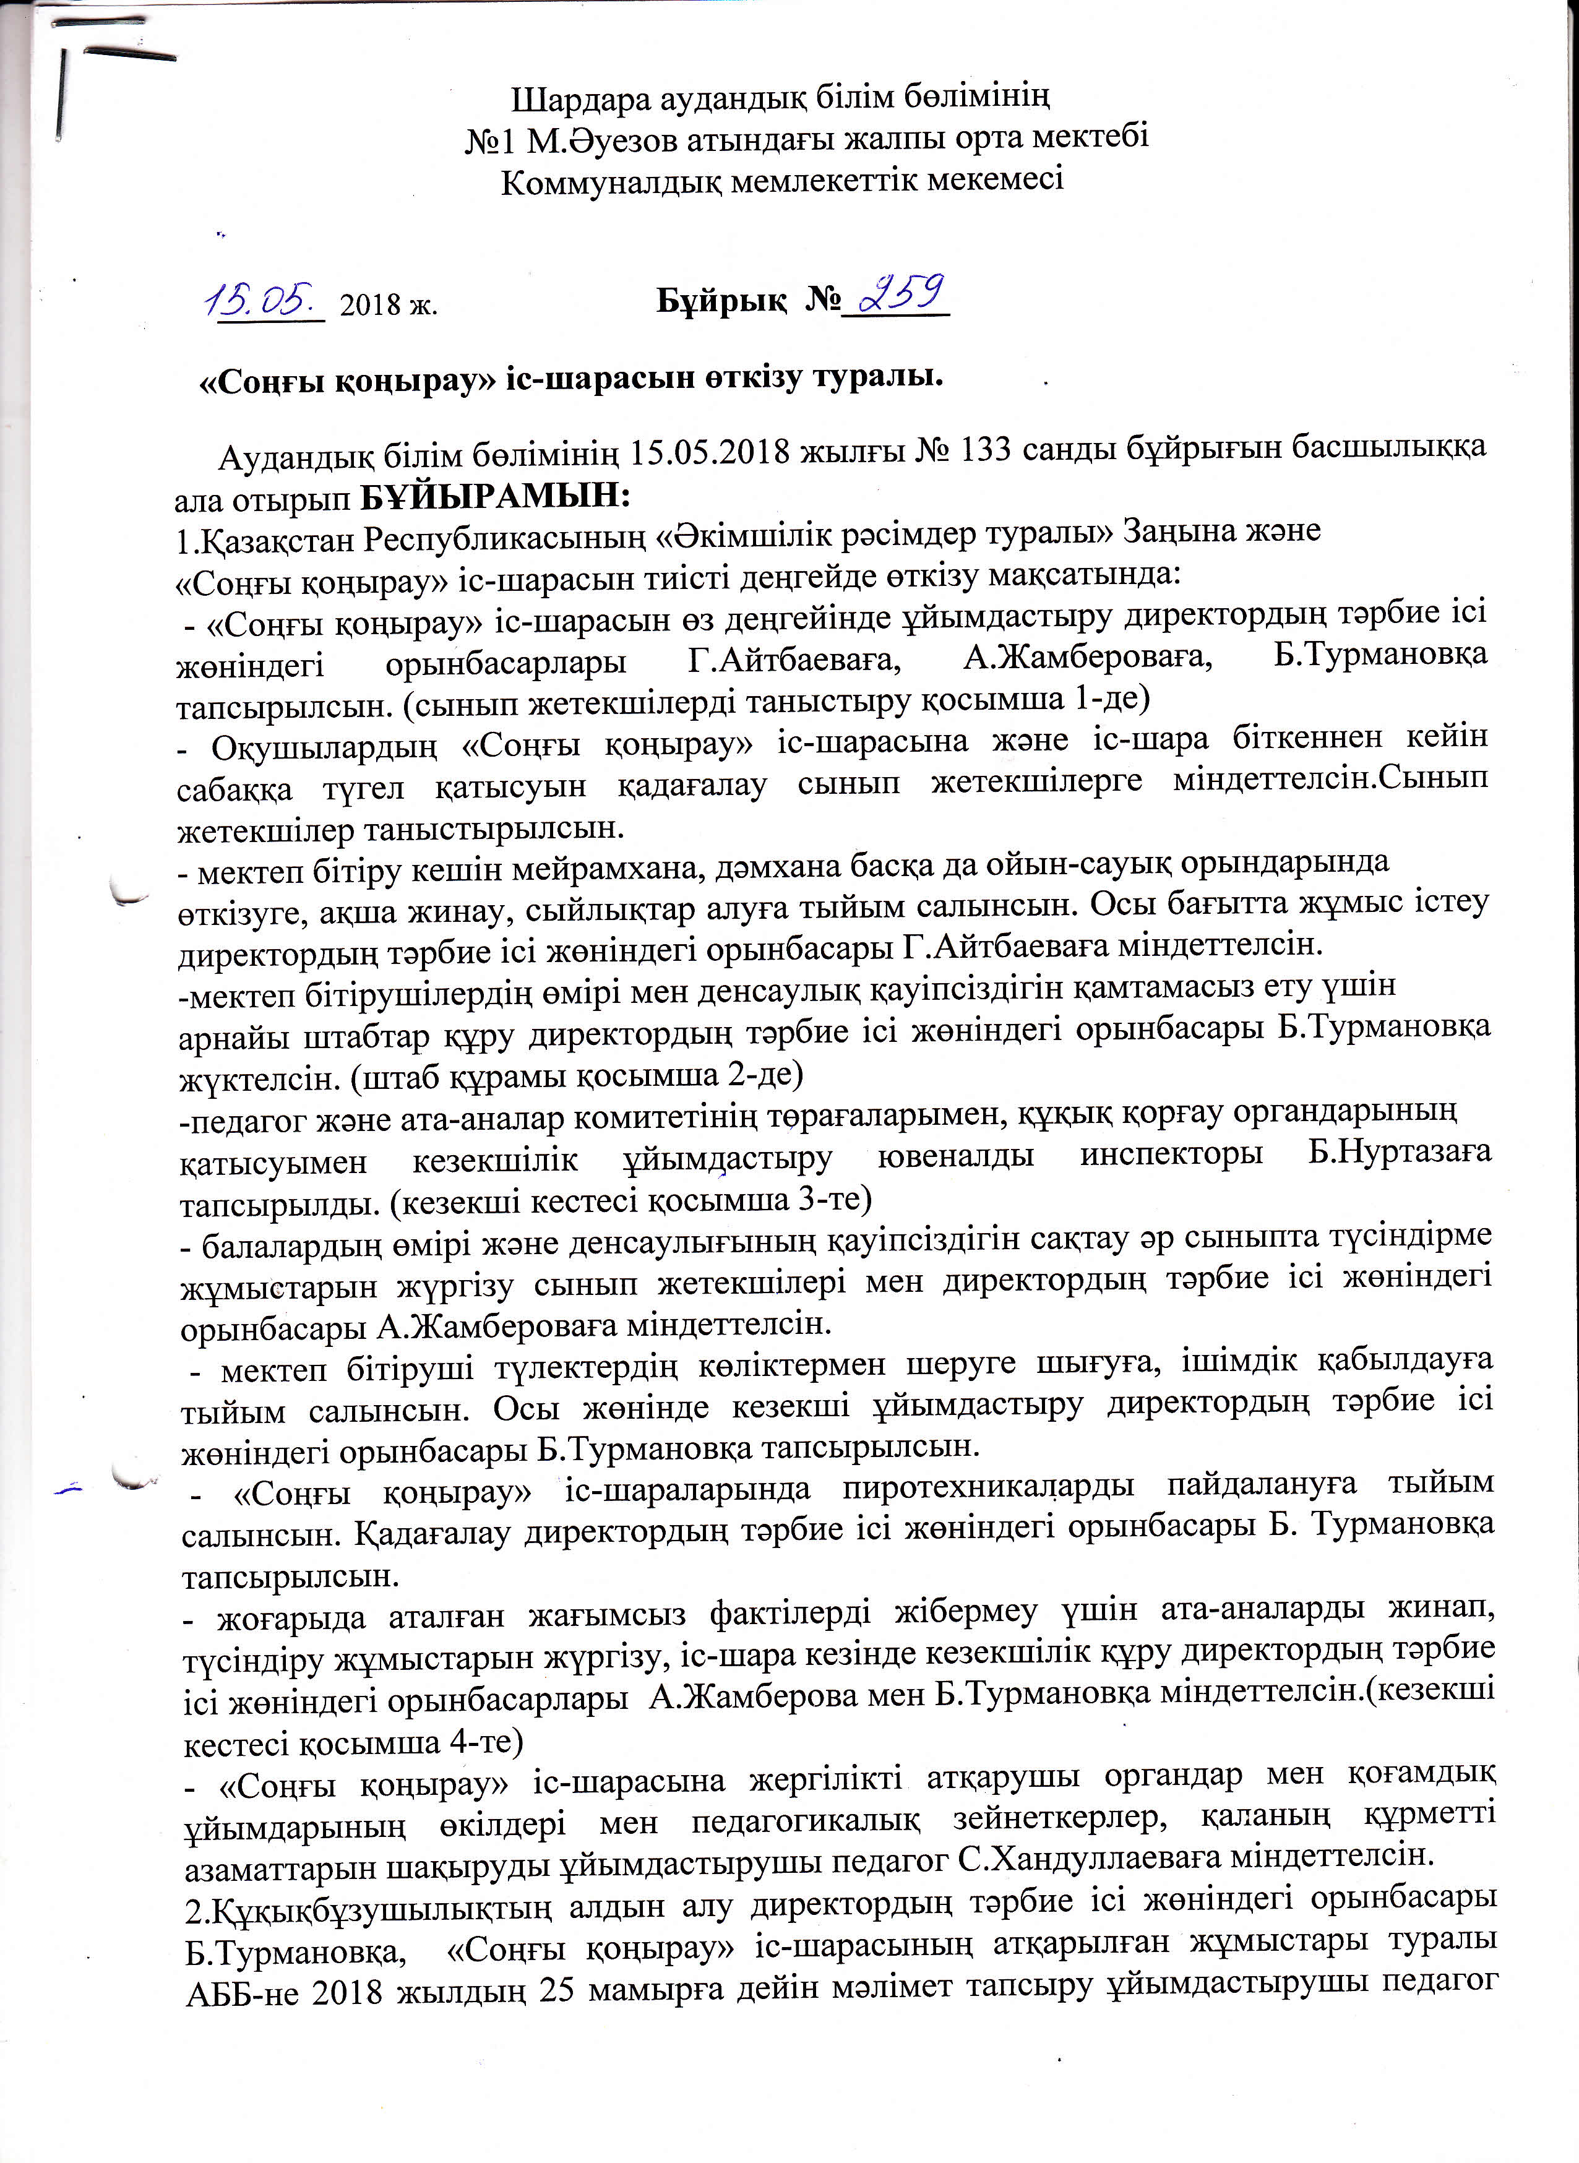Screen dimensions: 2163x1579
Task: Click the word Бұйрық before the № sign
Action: [720, 301]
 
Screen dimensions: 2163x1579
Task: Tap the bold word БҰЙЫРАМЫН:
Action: [495, 496]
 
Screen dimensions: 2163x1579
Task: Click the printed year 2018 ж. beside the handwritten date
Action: [388, 305]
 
